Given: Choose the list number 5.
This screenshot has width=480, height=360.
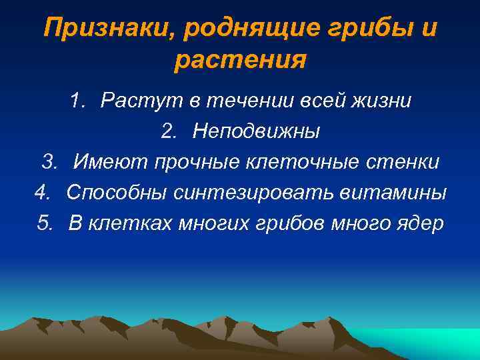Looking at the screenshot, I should pos(45,223).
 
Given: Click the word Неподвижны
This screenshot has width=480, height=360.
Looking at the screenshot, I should pos(256,131).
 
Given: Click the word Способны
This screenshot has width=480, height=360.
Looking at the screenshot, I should pos(116,193).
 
